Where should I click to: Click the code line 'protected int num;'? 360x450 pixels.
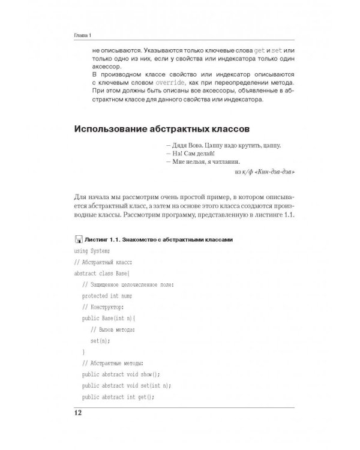(x=107, y=296)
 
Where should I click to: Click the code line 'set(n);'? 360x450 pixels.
(x=100, y=340)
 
